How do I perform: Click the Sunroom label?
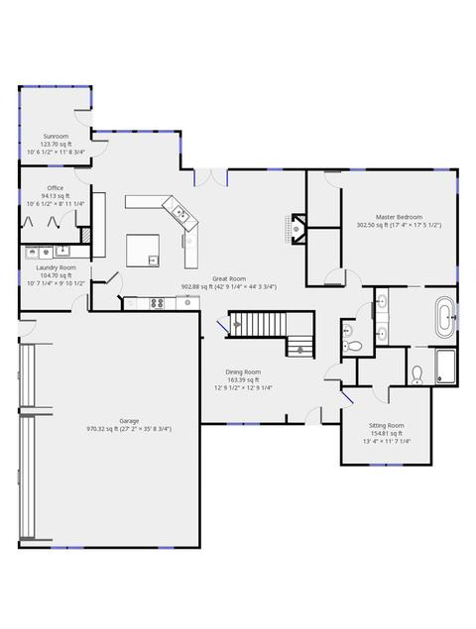click(x=56, y=137)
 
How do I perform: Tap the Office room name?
click(x=56, y=188)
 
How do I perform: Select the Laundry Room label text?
click(x=56, y=267)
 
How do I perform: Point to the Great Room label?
click(x=229, y=278)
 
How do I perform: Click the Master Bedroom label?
click(x=399, y=217)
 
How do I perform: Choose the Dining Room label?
click(x=243, y=372)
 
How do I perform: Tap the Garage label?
click(x=129, y=421)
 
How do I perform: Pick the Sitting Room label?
click(x=387, y=425)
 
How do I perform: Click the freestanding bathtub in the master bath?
click(x=444, y=317)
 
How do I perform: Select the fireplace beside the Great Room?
click(x=297, y=229)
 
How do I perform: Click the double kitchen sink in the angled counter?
click(x=179, y=212)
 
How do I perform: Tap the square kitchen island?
click(x=143, y=251)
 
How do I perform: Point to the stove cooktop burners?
click(x=157, y=303)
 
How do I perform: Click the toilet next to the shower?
click(x=417, y=375)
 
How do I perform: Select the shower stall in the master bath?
click(x=445, y=367)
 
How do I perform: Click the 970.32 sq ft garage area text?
click(x=102, y=429)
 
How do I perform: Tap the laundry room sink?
click(x=62, y=252)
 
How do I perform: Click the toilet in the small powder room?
click(x=354, y=346)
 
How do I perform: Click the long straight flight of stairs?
click(x=259, y=324)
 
